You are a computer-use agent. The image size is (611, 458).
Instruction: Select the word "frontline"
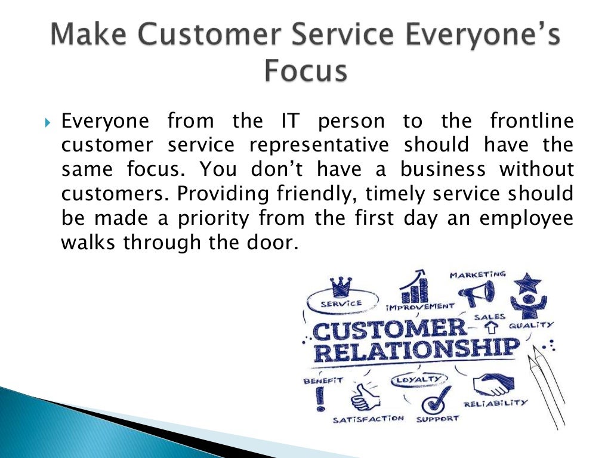tap(532, 122)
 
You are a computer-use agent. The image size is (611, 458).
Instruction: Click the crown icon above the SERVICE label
tap(341, 286)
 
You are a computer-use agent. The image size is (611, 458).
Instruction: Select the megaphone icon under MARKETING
tap(476, 293)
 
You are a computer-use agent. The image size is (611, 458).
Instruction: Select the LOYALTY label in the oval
tap(419, 379)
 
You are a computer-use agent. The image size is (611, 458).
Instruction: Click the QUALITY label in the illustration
tap(531, 326)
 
